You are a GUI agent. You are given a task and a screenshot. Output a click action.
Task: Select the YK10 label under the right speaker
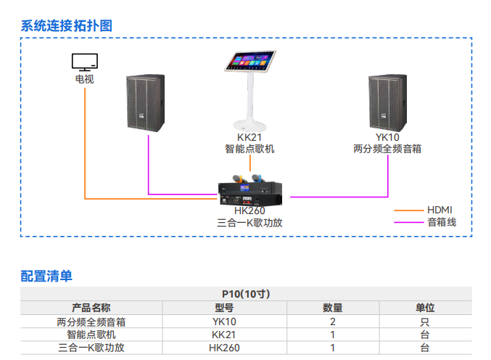(387, 137)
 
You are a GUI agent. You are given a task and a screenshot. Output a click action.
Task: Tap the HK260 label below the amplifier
(249, 211)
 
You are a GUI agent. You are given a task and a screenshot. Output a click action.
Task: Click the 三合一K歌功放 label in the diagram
(249, 223)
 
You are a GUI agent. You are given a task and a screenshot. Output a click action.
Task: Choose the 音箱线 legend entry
(441, 222)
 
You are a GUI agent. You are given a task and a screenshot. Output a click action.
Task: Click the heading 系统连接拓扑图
(66, 25)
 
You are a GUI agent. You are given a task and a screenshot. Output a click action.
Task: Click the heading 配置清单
(46, 276)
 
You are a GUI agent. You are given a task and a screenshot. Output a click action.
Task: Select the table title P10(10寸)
(245, 294)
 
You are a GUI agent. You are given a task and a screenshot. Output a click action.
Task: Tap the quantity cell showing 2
(332, 322)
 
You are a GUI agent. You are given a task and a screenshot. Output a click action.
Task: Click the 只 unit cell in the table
(424, 322)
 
